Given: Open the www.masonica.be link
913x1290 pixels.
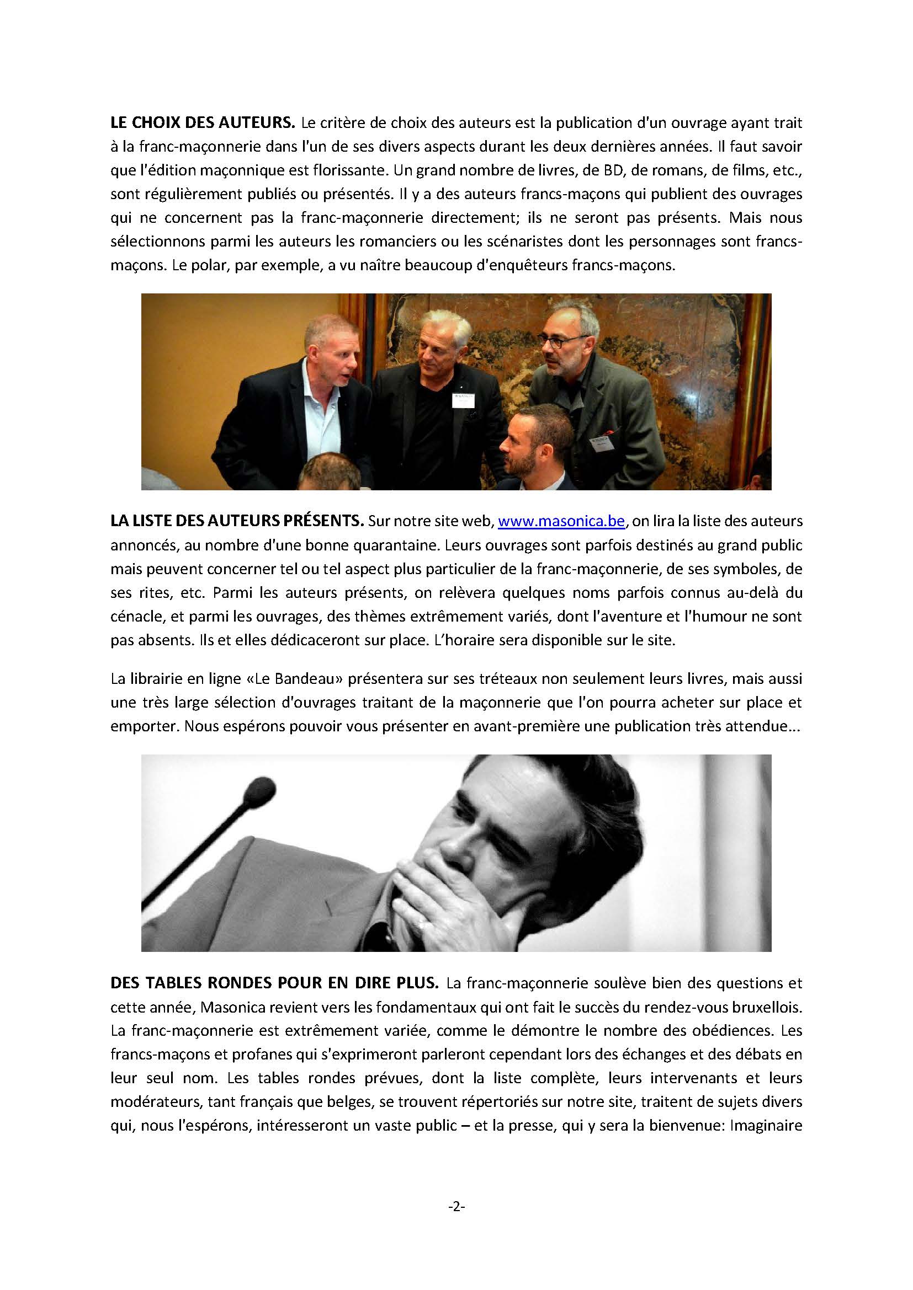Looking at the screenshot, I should (561, 521).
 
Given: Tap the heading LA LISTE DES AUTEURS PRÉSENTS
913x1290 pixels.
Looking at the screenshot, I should (237, 521).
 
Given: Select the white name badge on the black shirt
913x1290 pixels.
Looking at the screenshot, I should (464, 401).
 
